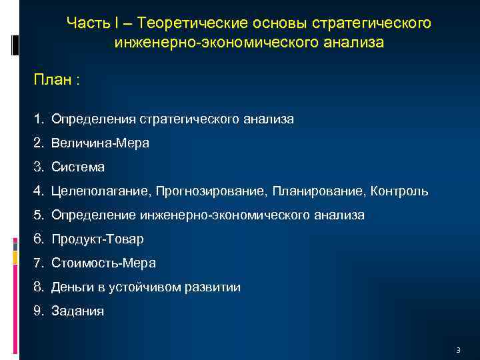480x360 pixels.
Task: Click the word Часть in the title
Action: pyautogui.click(x=86, y=23)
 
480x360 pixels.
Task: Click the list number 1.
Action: pyautogui.click(x=39, y=119)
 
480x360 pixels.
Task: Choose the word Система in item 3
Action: pyautogui.click(x=78, y=167)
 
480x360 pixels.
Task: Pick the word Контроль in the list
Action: pyautogui.click(x=399, y=191)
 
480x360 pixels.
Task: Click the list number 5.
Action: pyautogui.click(x=39, y=215)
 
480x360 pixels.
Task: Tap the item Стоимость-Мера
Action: pyautogui.click(x=103, y=263)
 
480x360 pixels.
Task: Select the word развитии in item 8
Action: pyautogui.click(x=212, y=287)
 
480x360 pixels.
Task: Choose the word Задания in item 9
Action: pyautogui.click(x=77, y=311)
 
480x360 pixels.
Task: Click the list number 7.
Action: pyautogui.click(x=39, y=263)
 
